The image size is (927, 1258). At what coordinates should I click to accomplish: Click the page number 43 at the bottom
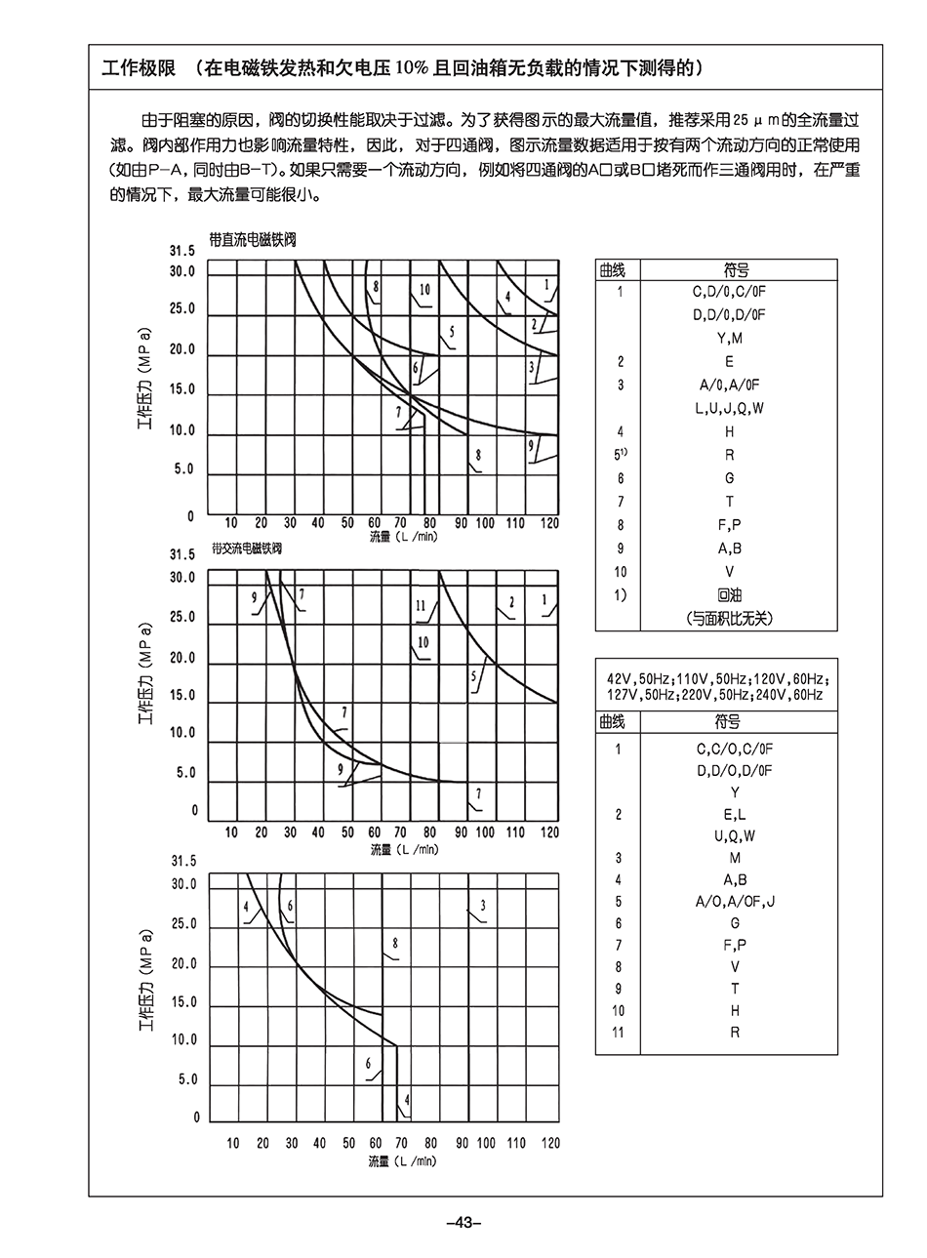[463, 1223]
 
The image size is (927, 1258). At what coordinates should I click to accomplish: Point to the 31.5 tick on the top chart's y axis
[182, 251]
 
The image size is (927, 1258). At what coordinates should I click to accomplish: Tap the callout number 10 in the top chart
[424, 290]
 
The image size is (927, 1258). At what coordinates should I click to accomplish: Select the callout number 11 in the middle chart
[421, 605]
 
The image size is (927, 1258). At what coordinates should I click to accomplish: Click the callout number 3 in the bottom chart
[483, 907]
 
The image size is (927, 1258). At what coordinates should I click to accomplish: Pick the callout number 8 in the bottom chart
[395, 943]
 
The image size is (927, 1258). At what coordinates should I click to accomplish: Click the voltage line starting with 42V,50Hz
[716, 677]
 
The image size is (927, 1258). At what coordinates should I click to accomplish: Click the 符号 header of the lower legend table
[728, 722]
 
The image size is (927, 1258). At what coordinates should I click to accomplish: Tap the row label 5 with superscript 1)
[620, 455]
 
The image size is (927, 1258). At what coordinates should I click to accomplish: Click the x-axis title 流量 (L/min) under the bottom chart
[403, 1161]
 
